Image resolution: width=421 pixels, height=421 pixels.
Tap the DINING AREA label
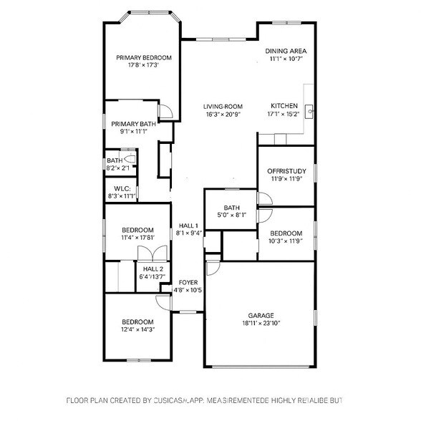coord(286,51)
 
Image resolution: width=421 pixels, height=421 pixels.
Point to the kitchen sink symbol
coord(310,111)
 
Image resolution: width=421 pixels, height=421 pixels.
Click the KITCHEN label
coord(283,106)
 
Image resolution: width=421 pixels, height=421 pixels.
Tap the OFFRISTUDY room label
coord(286,171)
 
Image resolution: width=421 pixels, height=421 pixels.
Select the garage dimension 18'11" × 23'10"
coord(261,324)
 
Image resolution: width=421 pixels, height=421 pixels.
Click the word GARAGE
coord(261,315)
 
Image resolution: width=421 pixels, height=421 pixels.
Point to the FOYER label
coord(188,282)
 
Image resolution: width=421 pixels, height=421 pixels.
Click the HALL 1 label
coord(188,225)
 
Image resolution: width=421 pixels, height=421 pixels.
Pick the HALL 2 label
coord(152,268)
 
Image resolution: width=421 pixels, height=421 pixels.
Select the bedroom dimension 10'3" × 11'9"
coord(286,241)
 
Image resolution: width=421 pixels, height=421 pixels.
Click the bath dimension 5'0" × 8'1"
coord(231,214)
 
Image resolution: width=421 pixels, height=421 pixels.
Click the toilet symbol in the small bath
coord(130,158)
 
